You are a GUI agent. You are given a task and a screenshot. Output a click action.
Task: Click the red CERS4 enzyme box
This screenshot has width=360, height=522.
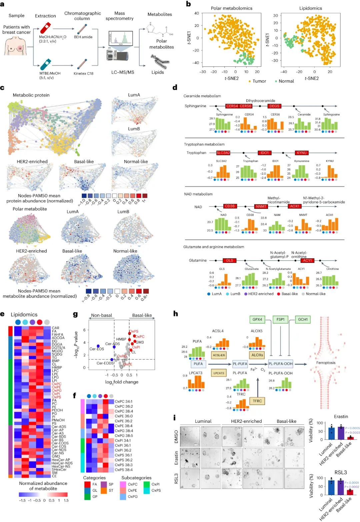(x=232, y=106)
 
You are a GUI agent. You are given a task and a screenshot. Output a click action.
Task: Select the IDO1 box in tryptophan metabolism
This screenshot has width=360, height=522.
(x=265, y=153)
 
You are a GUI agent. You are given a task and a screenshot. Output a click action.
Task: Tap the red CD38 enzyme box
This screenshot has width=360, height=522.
(x=230, y=206)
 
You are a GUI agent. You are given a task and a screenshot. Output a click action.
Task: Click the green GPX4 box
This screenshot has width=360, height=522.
(x=257, y=319)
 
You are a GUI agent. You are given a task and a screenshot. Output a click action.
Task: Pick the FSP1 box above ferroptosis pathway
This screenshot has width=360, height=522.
(x=281, y=319)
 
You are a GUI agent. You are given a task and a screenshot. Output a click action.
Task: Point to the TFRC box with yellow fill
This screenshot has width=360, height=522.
(x=257, y=401)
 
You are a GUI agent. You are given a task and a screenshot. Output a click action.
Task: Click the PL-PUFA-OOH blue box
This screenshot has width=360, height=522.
(x=280, y=364)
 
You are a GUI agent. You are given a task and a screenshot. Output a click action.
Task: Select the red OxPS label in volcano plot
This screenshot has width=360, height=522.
(x=134, y=331)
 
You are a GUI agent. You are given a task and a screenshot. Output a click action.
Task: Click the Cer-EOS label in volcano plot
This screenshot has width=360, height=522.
(x=97, y=349)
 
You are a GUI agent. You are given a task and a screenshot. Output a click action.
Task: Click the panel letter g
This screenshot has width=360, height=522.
(x=75, y=314)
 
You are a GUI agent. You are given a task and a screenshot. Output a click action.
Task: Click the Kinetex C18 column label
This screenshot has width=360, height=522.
(x=83, y=74)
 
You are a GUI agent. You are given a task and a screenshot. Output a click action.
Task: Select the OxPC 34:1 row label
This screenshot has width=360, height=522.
(x=124, y=401)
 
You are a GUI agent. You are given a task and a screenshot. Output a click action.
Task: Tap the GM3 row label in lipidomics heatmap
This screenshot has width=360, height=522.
(x=56, y=456)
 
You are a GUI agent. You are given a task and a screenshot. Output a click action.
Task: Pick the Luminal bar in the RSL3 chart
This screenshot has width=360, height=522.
(x=331, y=487)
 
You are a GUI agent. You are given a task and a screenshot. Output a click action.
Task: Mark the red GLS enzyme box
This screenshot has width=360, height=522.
(x=230, y=261)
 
